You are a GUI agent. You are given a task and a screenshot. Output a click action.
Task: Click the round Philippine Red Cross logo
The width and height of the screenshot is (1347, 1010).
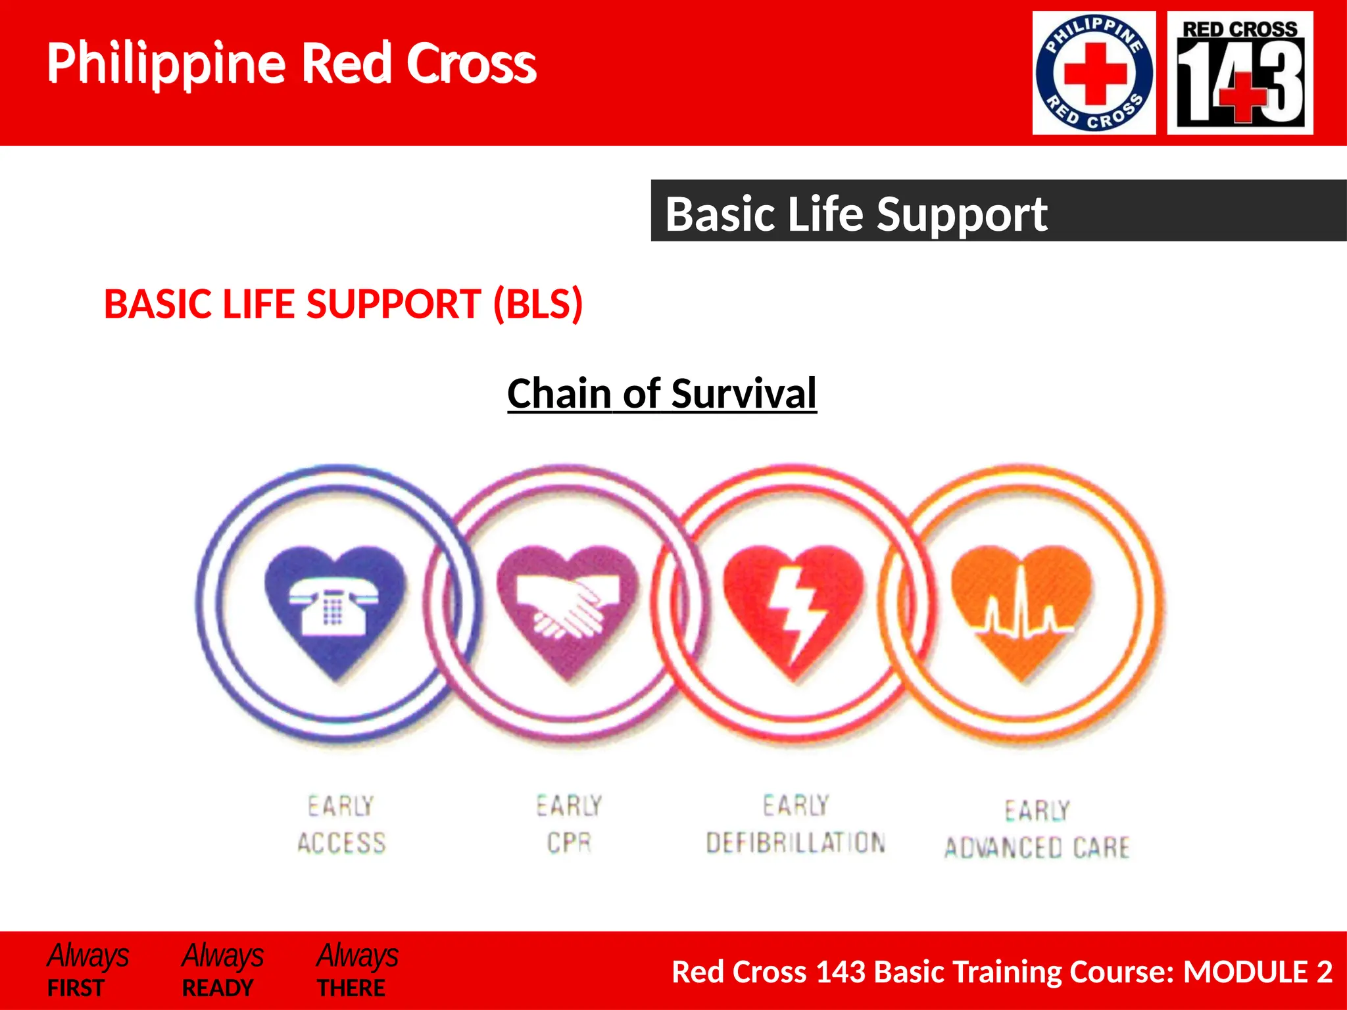pyautogui.click(x=1094, y=73)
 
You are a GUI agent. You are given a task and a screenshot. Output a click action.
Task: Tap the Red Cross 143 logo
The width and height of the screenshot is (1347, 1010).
pyautogui.click(x=1240, y=73)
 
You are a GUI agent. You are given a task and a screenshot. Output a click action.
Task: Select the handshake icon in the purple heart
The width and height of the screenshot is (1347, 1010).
pyautogui.click(x=568, y=606)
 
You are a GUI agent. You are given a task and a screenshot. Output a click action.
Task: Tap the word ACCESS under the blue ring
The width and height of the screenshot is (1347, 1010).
pyautogui.click(x=341, y=843)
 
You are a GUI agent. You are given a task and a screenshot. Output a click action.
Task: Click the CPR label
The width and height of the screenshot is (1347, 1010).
pyautogui.click(x=570, y=842)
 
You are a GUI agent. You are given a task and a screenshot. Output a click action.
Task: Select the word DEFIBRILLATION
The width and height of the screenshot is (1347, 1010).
pyautogui.click(x=796, y=842)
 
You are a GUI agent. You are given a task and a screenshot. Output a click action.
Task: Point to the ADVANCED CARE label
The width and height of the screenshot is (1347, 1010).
pyautogui.click(x=1037, y=848)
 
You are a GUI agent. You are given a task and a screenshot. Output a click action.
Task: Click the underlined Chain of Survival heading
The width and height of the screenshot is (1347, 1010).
pyautogui.click(x=662, y=393)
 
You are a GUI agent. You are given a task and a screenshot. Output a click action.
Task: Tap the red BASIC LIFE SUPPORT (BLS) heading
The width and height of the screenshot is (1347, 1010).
pyautogui.click(x=343, y=304)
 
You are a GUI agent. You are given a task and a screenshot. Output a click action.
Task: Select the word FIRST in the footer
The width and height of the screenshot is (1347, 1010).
pyautogui.click(x=76, y=988)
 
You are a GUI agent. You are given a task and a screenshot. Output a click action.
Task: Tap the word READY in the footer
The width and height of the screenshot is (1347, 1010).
pyautogui.click(x=218, y=988)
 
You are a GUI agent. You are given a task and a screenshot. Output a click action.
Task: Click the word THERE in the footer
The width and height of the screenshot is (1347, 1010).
pyautogui.click(x=351, y=988)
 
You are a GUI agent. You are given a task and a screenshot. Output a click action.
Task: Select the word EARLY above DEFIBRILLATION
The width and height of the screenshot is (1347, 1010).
pyautogui.click(x=796, y=806)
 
